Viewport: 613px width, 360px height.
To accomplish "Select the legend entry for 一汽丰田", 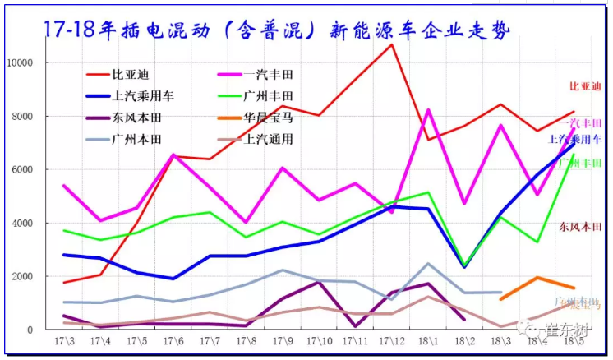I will [263, 74].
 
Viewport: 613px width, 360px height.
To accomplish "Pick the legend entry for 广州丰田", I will [263, 95].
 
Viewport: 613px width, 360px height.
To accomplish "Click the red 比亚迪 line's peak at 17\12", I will [392, 44].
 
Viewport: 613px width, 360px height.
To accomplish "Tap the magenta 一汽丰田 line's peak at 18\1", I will [428, 109].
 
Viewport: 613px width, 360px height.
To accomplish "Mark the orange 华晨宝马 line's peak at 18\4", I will [537, 278].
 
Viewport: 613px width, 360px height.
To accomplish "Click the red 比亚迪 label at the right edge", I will [586, 86].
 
